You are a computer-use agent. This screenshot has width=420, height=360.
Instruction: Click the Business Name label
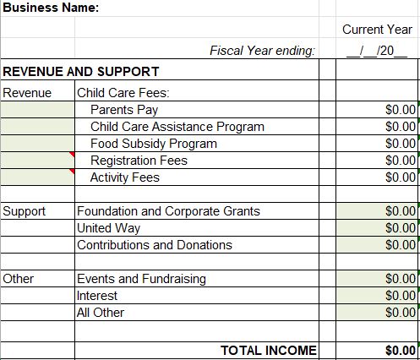pos(50,8)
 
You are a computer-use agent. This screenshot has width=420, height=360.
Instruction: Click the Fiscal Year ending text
pos(262,51)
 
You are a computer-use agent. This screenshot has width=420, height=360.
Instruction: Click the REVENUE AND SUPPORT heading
pos(81,72)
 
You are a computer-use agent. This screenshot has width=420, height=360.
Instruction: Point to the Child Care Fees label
pos(123,93)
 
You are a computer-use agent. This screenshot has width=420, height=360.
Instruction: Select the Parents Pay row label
pos(124,110)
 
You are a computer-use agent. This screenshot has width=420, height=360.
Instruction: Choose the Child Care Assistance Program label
pos(177,127)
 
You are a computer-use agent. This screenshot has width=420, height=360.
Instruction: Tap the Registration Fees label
pos(139,161)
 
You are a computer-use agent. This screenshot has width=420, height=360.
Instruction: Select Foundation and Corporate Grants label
pos(168,211)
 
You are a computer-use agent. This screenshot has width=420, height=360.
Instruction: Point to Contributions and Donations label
pos(154,245)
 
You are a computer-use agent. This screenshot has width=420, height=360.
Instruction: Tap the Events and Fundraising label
pos(141,279)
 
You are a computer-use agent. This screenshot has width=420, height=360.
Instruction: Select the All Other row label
pos(101,313)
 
